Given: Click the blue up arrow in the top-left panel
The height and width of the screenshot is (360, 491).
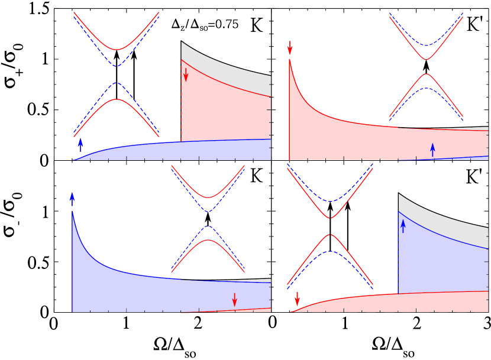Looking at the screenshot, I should [x=80, y=145].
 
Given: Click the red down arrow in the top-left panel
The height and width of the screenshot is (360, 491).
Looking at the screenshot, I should [x=186, y=74].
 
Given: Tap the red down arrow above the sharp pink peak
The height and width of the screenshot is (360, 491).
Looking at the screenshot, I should [x=290, y=47].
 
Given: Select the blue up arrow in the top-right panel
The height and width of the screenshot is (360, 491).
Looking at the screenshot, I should [x=432, y=150].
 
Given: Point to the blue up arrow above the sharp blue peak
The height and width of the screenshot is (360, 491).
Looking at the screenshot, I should [x=72, y=199].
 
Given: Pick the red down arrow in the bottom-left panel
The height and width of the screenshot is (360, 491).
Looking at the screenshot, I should [x=234, y=300].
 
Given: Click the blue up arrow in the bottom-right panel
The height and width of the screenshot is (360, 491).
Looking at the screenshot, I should [x=403, y=226].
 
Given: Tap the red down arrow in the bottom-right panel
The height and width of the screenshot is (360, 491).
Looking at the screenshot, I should [x=297, y=298].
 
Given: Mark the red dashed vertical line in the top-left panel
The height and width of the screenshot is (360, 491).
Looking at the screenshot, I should [x=181, y=100].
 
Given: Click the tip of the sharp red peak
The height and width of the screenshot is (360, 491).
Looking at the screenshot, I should [x=289, y=59].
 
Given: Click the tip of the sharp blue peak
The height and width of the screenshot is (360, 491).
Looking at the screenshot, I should [x=72, y=211].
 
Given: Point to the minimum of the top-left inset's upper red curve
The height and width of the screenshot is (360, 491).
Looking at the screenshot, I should [x=117, y=50].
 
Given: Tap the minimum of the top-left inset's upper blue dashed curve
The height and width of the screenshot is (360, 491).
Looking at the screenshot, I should [x=117, y=66].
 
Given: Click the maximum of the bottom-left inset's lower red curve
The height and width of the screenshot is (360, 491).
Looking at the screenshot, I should [x=208, y=240].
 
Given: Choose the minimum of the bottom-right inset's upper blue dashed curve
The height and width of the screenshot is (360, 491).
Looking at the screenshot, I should [x=330, y=202].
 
